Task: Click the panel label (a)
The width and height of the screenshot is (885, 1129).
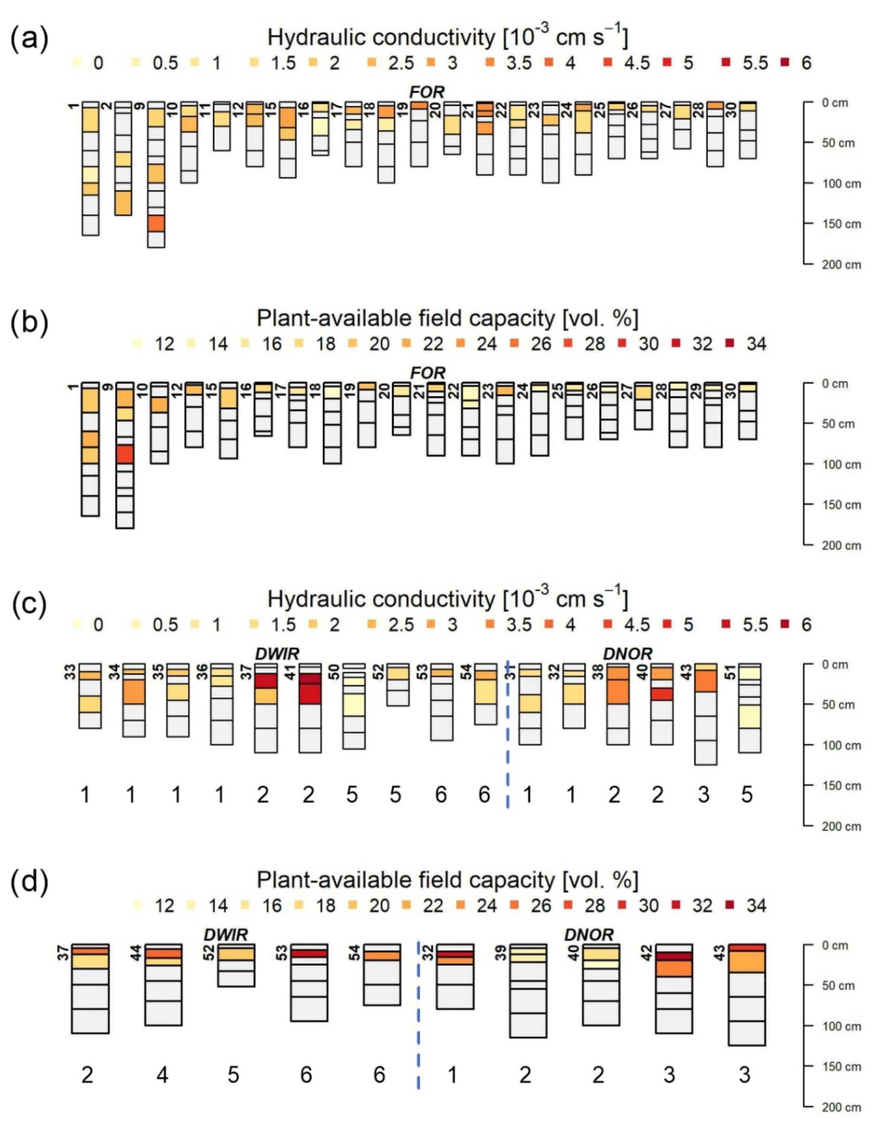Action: [x=29, y=39]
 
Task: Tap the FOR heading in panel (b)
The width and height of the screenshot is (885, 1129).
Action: [x=427, y=373]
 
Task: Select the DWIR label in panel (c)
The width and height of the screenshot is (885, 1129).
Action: [x=277, y=654]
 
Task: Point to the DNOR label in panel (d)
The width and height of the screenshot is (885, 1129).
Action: [x=588, y=935]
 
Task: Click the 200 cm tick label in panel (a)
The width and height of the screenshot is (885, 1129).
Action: [x=841, y=265]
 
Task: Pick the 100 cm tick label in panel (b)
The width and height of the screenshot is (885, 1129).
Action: [x=841, y=464]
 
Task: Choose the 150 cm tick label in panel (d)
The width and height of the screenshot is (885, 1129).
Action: [x=841, y=1066]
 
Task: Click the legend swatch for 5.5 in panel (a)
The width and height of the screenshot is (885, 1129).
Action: [x=726, y=63]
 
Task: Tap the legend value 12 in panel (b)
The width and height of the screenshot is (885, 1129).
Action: [x=164, y=344]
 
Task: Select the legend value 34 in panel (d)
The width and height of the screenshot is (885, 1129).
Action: [x=756, y=906]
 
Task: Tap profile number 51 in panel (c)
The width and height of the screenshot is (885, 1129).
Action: [x=729, y=671]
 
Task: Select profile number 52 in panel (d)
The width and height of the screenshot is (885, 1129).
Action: [x=209, y=953]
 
